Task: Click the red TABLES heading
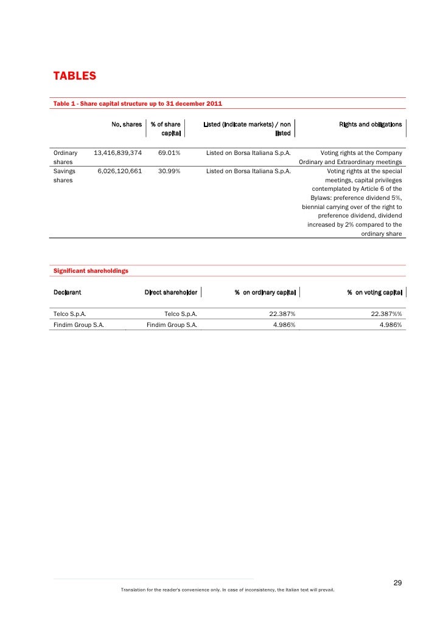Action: tap(75, 77)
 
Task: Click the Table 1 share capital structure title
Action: tap(138, 104)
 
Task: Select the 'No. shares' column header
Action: tap(127, 125)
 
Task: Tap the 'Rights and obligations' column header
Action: tap(370, 125)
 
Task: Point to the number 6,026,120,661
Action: tap(119, 171)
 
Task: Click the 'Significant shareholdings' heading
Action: tap(91, 270)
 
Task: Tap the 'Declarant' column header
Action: tap(68, 293)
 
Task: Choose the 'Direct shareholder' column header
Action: tap(170, 293)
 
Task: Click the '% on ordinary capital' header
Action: tap(265, 293)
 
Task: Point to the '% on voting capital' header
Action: tap(374, 293)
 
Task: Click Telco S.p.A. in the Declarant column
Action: tap(69, 314)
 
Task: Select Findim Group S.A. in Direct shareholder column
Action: tap(172, 325)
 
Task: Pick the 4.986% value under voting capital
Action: tap(390, 325)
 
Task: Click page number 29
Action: tap(397, 584)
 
